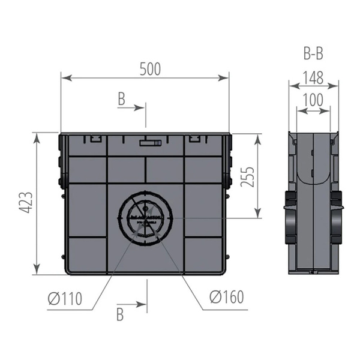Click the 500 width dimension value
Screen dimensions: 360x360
[151, 69]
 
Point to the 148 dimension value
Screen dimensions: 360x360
[313, 78]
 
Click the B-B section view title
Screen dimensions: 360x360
[313, 54]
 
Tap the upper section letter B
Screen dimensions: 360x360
[122, 100]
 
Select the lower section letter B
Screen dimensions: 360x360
[120, 314]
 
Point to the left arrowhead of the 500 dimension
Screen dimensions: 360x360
[64, 78]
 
